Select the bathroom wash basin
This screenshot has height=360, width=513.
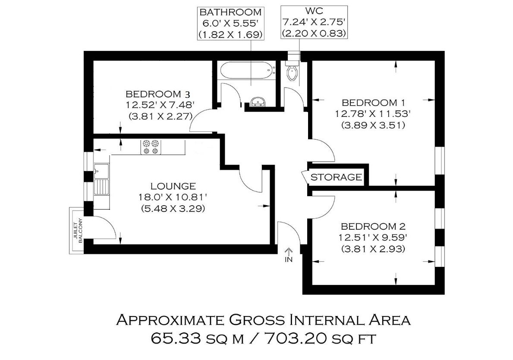(258, 102)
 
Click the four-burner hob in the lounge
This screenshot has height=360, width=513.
(151, 147)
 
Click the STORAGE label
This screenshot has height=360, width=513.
(336, 177)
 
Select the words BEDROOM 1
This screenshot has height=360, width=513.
(373, 103)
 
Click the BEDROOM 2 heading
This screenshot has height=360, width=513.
(373, 226)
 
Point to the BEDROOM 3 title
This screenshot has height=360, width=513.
(157, 94)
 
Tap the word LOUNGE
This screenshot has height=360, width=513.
(173, 186)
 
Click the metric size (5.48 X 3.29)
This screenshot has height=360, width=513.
(173, 208)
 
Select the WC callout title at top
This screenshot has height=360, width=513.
(314, 11)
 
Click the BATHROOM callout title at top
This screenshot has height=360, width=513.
(231, 13)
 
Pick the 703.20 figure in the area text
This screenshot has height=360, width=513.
(295, 338)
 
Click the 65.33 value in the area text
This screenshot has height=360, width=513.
(176, 338)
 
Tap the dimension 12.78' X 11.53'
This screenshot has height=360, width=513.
(373, 114)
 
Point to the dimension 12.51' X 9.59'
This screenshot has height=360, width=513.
(373, 238)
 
